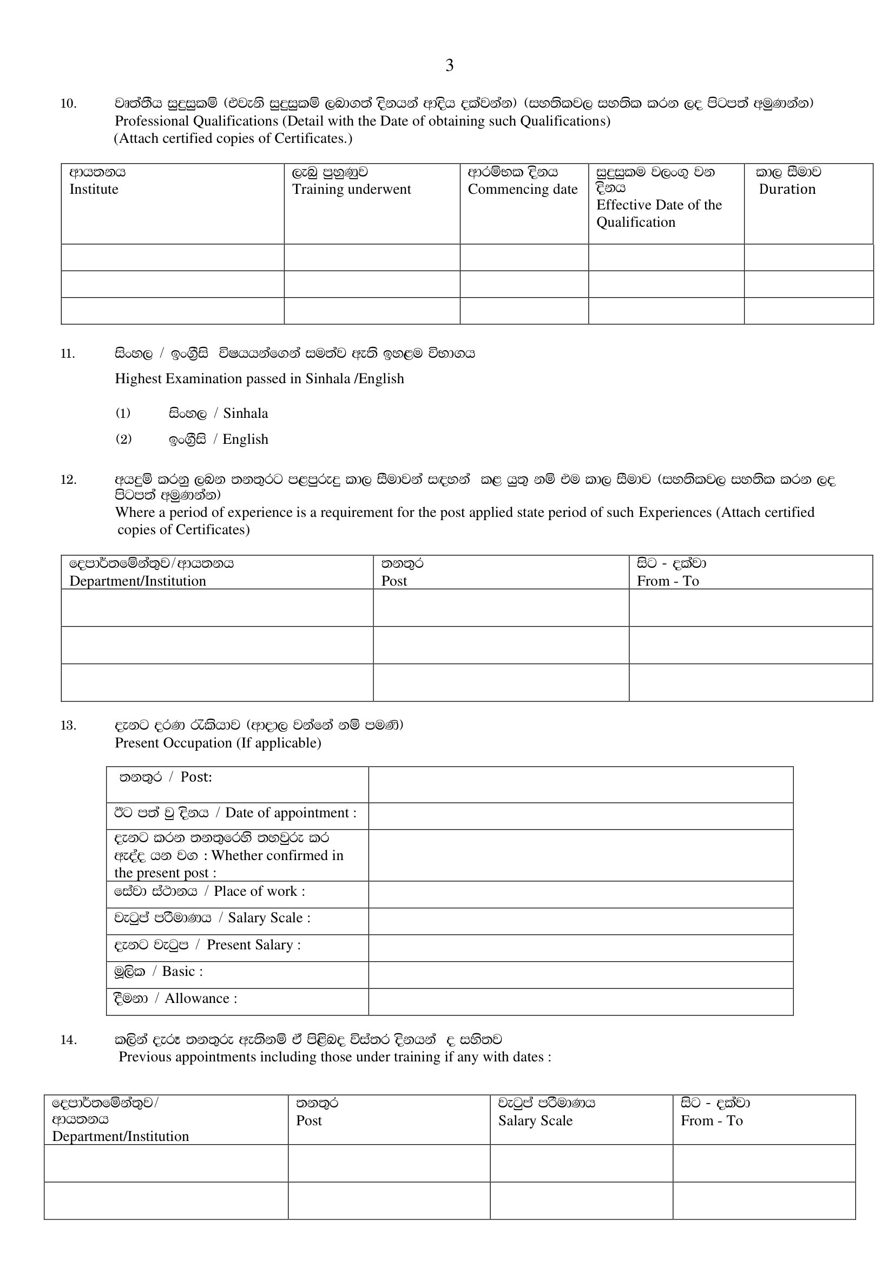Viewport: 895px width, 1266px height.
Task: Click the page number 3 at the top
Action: click(449, 65)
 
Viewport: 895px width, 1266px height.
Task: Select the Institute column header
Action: click(94, 189)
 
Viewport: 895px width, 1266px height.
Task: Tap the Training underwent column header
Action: click(351, 189)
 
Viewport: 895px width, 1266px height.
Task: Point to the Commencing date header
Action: click(523, 189)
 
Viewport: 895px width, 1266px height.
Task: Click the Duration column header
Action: click(786, 189)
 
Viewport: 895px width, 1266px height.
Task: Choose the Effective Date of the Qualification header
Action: click(659, 213)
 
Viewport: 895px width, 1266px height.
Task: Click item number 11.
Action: click(68, 353)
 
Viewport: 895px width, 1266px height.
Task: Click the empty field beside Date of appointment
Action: click(580, 816)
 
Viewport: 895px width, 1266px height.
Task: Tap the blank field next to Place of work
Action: click(580, 894)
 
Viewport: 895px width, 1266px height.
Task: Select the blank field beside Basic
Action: click(580, 975)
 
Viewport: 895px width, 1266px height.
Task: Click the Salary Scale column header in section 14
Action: click(535, 1120)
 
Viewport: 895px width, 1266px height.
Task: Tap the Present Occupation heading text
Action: click(218, 743)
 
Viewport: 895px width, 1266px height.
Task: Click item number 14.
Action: click(68, 1040)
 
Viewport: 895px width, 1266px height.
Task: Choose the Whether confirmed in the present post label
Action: click(228, 855)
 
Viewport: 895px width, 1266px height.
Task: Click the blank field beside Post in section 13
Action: click(580, 784)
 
